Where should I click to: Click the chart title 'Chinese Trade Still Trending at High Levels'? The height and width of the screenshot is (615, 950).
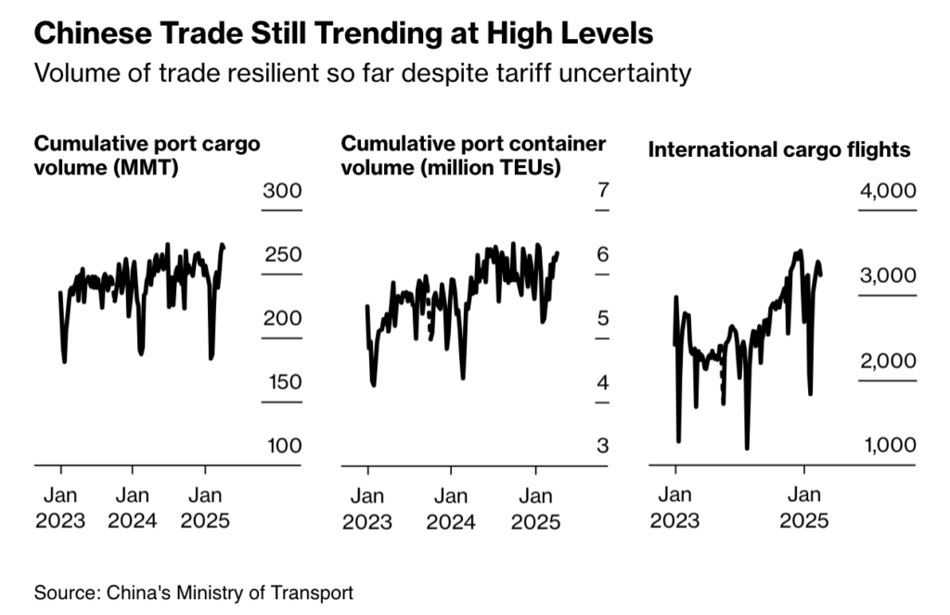pyautogui.click(x=343, y=34)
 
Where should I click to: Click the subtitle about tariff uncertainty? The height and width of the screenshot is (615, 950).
pyautogui.click(x=362, y=72)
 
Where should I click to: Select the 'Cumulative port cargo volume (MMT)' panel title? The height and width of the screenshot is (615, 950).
pyautogui.click(x=147, y=157)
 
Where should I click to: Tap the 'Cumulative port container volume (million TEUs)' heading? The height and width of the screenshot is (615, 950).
pyautogui.click(x=473, y=157)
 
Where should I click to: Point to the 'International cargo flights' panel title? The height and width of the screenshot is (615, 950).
pyautogui.click(x=778, y=149)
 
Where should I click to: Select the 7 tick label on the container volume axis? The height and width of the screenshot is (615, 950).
pyautogui.click(x=602, y=192)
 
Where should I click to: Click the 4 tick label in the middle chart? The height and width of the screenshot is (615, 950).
pyautogui.click(x=602, y=382)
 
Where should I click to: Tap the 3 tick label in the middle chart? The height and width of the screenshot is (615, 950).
pyautogui.click(x=602, y=445)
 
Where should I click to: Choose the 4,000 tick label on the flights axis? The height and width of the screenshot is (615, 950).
pyautogui.click(x=890, y=192)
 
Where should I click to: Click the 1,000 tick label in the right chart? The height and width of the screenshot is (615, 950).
pyautogui.click(x=890, y=445)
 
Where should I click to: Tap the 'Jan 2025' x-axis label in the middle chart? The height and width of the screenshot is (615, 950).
pyautogui.click(x=535, y=507)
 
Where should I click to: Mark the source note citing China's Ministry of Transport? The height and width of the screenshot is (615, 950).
pyautogui.click(x=194, y=592)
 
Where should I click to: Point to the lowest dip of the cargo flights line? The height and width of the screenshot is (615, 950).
pyautogui.click(x=747, y=449)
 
